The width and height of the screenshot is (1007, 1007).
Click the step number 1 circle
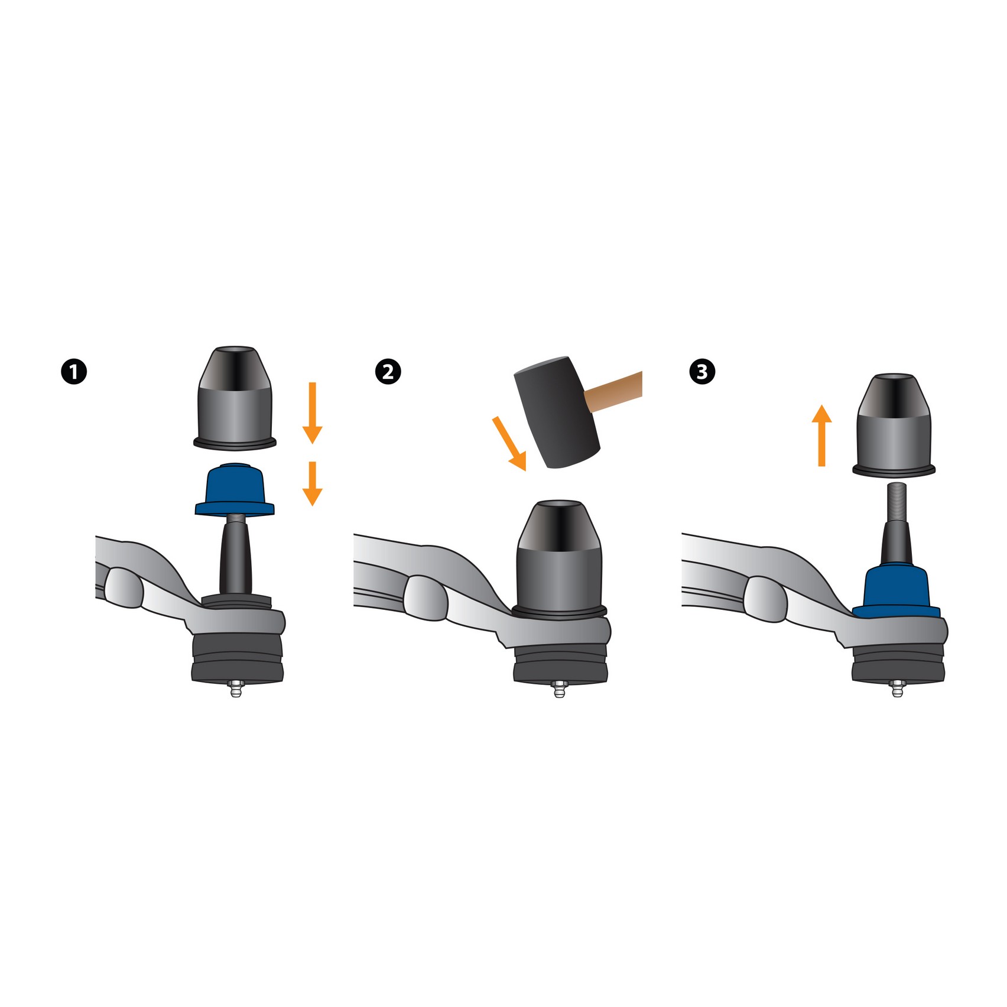[74, 372]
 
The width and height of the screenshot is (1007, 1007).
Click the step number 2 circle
[388, 372]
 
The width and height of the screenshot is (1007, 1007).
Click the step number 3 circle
[702, 372]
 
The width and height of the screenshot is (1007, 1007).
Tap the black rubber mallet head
[557, 412]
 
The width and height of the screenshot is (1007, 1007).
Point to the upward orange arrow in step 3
[821, 436]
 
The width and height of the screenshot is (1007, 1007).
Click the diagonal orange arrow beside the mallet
[509, 443]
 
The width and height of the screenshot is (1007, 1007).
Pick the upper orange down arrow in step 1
[312, 413]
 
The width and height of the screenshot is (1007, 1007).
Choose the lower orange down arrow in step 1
[312, 483]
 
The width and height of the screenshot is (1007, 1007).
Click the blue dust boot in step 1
[235, 490]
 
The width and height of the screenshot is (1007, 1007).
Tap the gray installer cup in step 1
[235, 397]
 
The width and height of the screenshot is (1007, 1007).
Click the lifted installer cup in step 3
[894, 425]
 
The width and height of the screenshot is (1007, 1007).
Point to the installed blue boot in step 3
[896, 591]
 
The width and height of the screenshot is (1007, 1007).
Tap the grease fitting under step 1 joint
[236, 689]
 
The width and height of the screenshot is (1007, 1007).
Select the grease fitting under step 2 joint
[559, 689]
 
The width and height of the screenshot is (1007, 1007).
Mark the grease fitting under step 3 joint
[896, 689]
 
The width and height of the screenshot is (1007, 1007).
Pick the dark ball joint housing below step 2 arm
[560, 665]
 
